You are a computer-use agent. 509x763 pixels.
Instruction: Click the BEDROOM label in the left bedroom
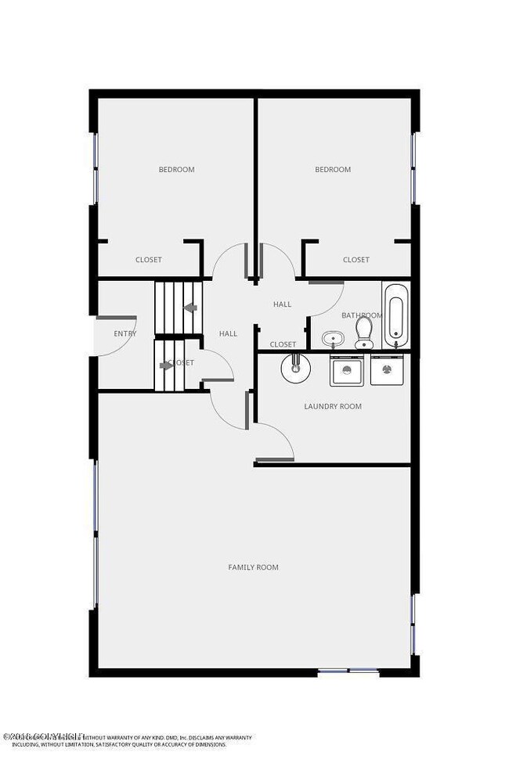pyautogui.click(x=176, y=169)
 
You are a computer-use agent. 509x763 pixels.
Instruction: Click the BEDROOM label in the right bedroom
pyautogui.click(x=333, y=169)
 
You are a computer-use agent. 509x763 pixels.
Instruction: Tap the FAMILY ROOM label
pyautogui.click(x=253, y=567)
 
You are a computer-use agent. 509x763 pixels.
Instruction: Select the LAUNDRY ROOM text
pyautogui.click(x=333, y=406)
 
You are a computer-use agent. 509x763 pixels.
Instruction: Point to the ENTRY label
pyautogui.click(x=125, y=333)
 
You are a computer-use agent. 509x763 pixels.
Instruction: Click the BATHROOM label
pyautogui.click(x=361, y=315)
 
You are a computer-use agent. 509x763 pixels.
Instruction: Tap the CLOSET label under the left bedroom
pyautogui.click(x=149, y=260)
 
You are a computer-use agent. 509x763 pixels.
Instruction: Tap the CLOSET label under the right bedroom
pyautogui.click(x=356, y=260)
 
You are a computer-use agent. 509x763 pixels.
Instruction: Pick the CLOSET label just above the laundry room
pyautogui.click(x=283, y=344)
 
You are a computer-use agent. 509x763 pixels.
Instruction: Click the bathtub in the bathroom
pyautogui.click(x=395, y=315)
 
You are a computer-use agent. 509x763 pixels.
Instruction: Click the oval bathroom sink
pyautogui.click(x=333, y=340)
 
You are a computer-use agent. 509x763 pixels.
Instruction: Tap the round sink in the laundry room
pyautogui.click(x=297, y=367)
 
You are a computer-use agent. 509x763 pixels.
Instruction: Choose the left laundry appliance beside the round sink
pyautogui.click(x=345, y=370)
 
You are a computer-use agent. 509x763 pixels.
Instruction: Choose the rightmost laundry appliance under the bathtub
pyautogui.click(x=386, y=370)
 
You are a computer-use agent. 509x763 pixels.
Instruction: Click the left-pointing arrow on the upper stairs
pyautogui.click(x=189, y=308)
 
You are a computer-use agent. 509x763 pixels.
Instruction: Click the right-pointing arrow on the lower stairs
pyautogui.click(x=166, y=365)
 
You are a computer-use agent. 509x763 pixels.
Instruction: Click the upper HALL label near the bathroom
pyautogui.click(x=282, y=304)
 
